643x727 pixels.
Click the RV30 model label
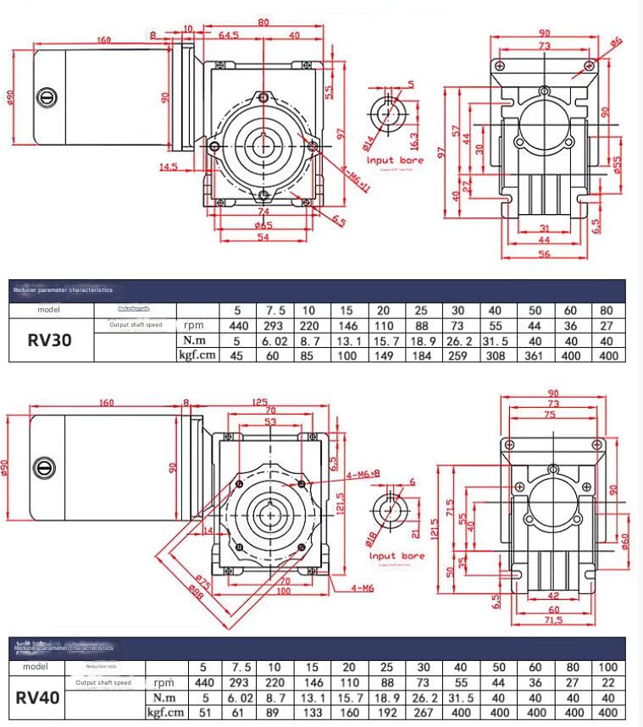(50, 340)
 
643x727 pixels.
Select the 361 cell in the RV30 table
(535, 355)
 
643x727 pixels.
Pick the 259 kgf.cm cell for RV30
(458, 355)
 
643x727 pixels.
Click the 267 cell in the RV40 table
(458, 713)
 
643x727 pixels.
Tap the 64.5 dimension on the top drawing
(228, 35)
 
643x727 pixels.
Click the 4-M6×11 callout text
(357, 179)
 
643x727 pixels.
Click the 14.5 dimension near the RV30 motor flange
(169, 167)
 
